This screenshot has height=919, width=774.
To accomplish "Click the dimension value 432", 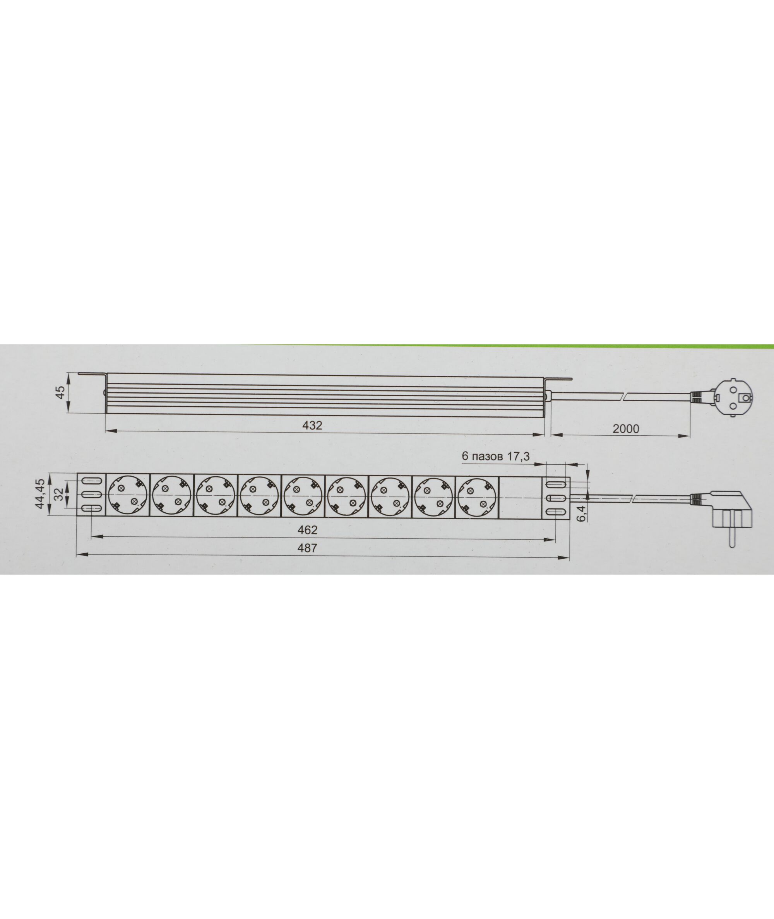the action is [312, 425].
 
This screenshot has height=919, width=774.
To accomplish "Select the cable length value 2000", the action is [626, 429].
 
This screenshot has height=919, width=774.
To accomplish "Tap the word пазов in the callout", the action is [488, 456].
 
